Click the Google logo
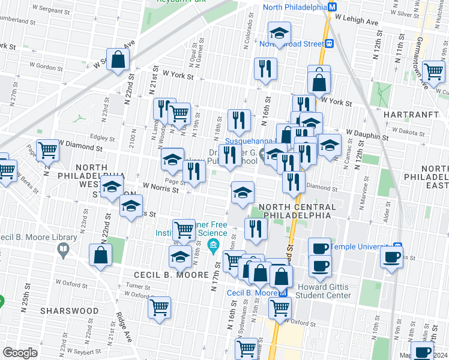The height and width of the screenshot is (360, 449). (x=20, y=353)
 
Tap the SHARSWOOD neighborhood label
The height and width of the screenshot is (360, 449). (x=69, y=311)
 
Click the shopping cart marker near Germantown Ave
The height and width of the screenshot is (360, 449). (x=433, y=71)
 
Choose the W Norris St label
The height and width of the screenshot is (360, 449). (x=161, y=189)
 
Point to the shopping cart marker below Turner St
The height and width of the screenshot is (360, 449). (x=159, y=307)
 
